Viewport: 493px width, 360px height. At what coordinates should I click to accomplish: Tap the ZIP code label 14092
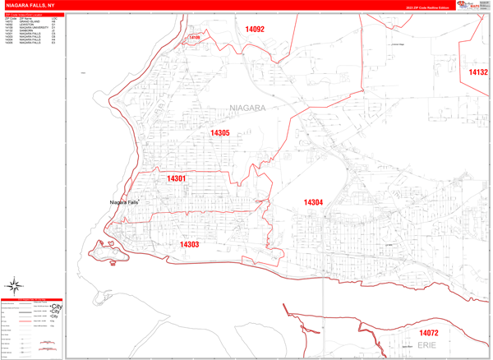255,30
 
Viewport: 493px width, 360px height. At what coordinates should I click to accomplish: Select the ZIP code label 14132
477,72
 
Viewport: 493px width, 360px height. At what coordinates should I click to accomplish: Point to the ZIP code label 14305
219,133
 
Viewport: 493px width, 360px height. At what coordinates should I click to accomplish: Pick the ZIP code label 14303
190,244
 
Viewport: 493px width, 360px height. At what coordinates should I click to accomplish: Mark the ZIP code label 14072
428,333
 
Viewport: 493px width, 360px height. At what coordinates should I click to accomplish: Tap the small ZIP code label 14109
195,38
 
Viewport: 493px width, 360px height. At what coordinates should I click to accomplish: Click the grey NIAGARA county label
248,108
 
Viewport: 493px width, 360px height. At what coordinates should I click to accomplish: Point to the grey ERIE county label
426,346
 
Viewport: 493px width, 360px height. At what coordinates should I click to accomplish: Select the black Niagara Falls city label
124,202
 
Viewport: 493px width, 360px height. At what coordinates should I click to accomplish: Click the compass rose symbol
15,286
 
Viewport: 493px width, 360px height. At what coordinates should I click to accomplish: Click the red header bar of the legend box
32,299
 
